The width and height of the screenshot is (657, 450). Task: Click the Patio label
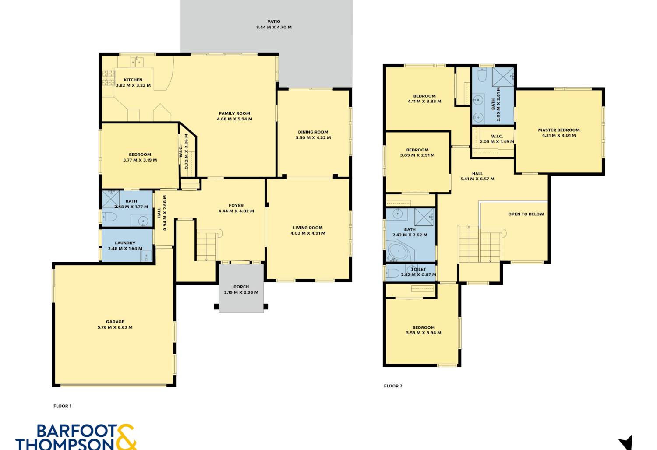[274, 21]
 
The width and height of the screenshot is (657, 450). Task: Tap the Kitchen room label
[133, 80]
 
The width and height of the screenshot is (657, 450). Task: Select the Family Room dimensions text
[235, 119]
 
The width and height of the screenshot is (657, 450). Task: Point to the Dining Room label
[313, 132]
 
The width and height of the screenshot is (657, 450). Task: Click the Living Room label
[307, 228]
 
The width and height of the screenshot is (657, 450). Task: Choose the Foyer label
[236, 205]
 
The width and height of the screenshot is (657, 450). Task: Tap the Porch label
[241, 287]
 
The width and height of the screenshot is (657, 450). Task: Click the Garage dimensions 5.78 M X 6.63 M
[115, 327]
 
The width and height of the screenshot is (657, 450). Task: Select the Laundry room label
[125, 243]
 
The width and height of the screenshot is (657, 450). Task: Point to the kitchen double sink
[137, 62]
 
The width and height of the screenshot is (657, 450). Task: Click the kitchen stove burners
[108, 78]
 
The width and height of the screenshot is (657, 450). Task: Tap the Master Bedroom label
[559, 130]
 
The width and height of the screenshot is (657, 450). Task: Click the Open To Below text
[526, 214]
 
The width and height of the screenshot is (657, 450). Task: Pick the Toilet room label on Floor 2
[419, 269]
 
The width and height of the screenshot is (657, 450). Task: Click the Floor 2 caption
[393, 386]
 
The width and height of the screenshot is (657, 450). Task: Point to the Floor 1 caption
[62, 406]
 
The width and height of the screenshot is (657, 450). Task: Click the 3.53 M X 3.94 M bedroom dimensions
[424, 333]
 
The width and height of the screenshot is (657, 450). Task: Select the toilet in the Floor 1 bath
[109, 217]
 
